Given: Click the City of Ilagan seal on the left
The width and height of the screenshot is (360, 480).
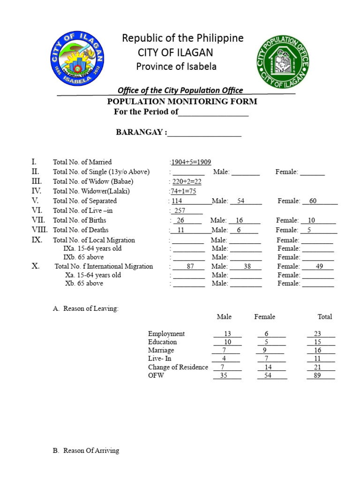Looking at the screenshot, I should click(x=78, y=59).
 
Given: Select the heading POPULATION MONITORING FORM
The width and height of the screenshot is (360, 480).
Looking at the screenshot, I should click(x=182, y=101).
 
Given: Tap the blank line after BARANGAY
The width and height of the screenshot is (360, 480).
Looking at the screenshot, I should click(x=204, y=133).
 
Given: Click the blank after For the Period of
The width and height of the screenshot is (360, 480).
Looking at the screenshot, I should click(x=213, y=112).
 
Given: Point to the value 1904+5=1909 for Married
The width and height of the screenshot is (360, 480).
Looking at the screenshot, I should click(x=191, y=162).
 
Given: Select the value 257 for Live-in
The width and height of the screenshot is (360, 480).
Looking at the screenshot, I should click(x=180, y=211).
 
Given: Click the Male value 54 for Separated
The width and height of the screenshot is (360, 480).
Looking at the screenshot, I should click(x=241, y=201).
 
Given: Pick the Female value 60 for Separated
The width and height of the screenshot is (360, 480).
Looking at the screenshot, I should click(x=313, y=201).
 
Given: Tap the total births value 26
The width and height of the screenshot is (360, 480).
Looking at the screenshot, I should click(x=180, y=220).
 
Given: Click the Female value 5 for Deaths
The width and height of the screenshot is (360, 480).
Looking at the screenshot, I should click(x=309, y=230).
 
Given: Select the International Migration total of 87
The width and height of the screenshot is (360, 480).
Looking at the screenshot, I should click(x=190, y=266).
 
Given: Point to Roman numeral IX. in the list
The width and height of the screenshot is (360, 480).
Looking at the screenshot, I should click(x=37, y=240).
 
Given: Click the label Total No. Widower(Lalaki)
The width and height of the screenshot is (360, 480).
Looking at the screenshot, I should click(x=91, y=191).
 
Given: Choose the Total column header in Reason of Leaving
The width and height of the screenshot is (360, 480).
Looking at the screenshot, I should click(x=324, y=317).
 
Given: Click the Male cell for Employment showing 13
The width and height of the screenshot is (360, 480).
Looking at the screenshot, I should click(x=228, y=334).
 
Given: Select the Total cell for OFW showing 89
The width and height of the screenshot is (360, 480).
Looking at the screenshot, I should click(x=317, y=375).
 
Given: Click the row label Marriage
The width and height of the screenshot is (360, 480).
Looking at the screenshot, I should click(x=161, y=350).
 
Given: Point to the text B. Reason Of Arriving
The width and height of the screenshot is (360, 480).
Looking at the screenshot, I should click(x=86, y=450).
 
